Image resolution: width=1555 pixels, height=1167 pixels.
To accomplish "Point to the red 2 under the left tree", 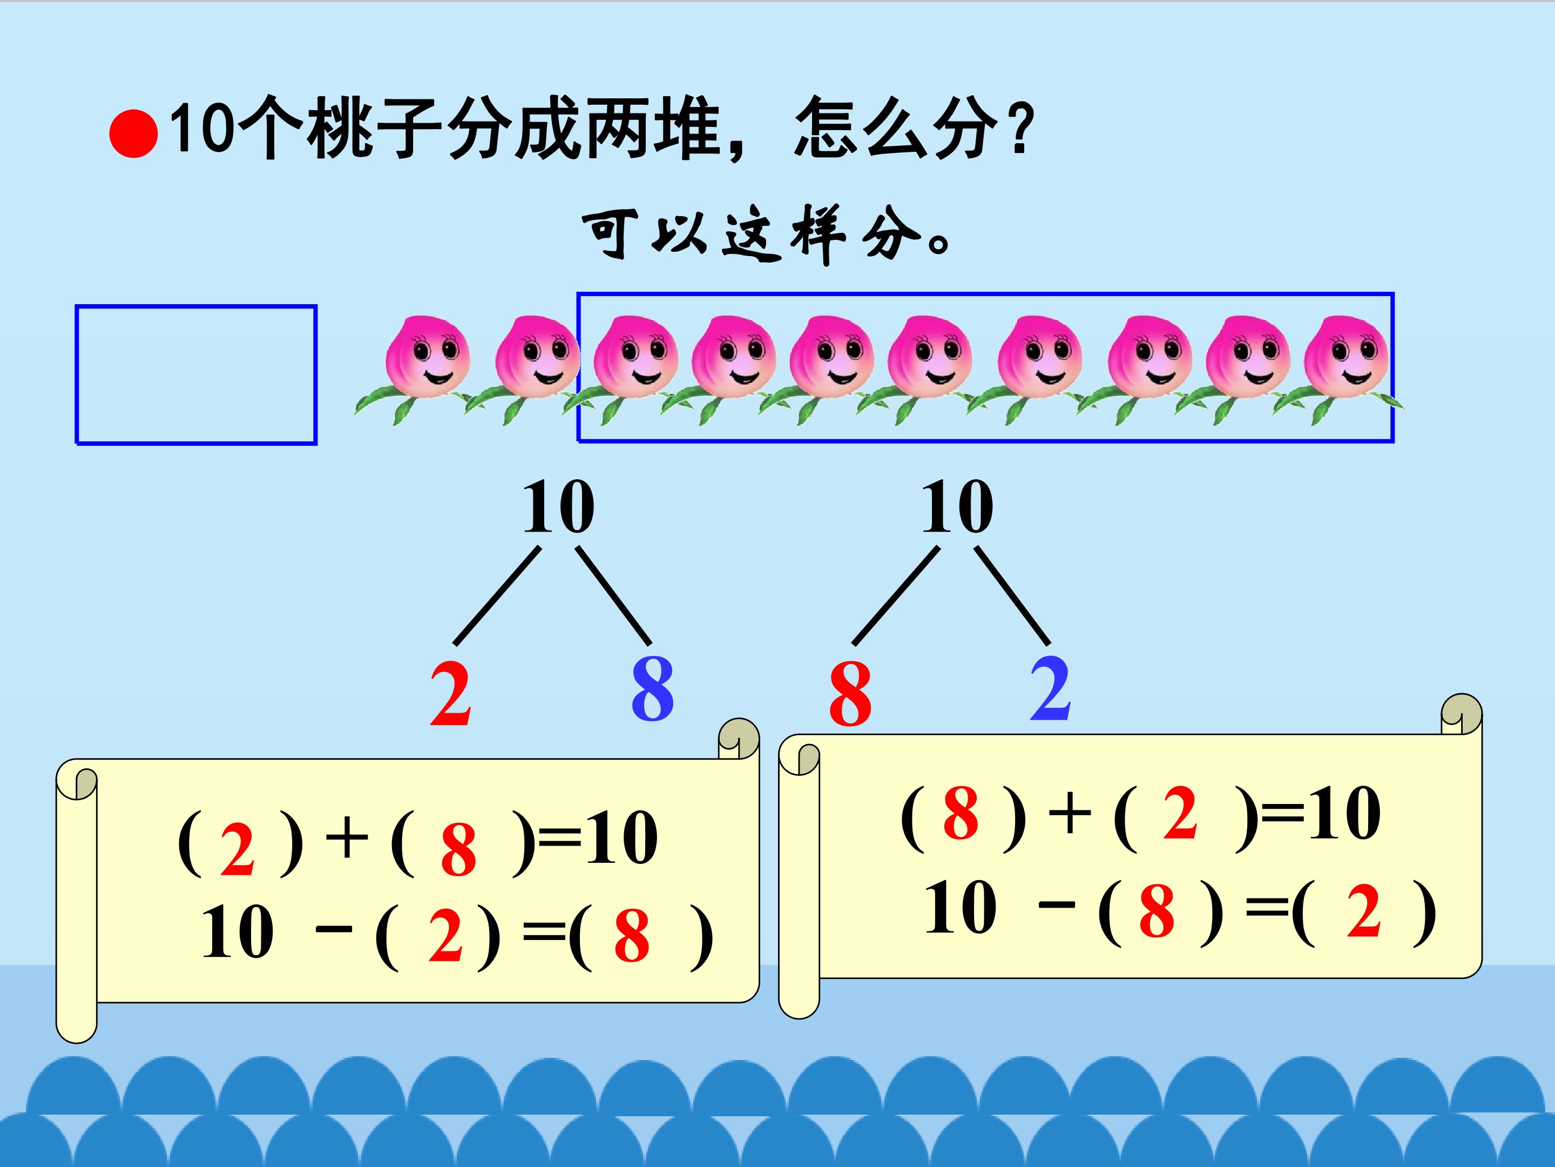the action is coord(450,694).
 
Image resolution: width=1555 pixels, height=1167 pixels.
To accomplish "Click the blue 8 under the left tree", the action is coord(652,689).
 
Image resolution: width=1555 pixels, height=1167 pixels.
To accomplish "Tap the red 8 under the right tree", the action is coord(850,694).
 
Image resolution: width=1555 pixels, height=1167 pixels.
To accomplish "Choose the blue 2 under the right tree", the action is coord(1050,689).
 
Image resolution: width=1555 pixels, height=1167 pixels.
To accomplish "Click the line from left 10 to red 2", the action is coord(498,596).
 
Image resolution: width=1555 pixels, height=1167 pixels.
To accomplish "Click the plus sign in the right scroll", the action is coord(1069,814).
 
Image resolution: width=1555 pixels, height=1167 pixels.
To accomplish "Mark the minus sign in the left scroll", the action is coord(334,929).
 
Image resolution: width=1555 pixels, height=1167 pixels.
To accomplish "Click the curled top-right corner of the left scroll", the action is coord(739,739).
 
